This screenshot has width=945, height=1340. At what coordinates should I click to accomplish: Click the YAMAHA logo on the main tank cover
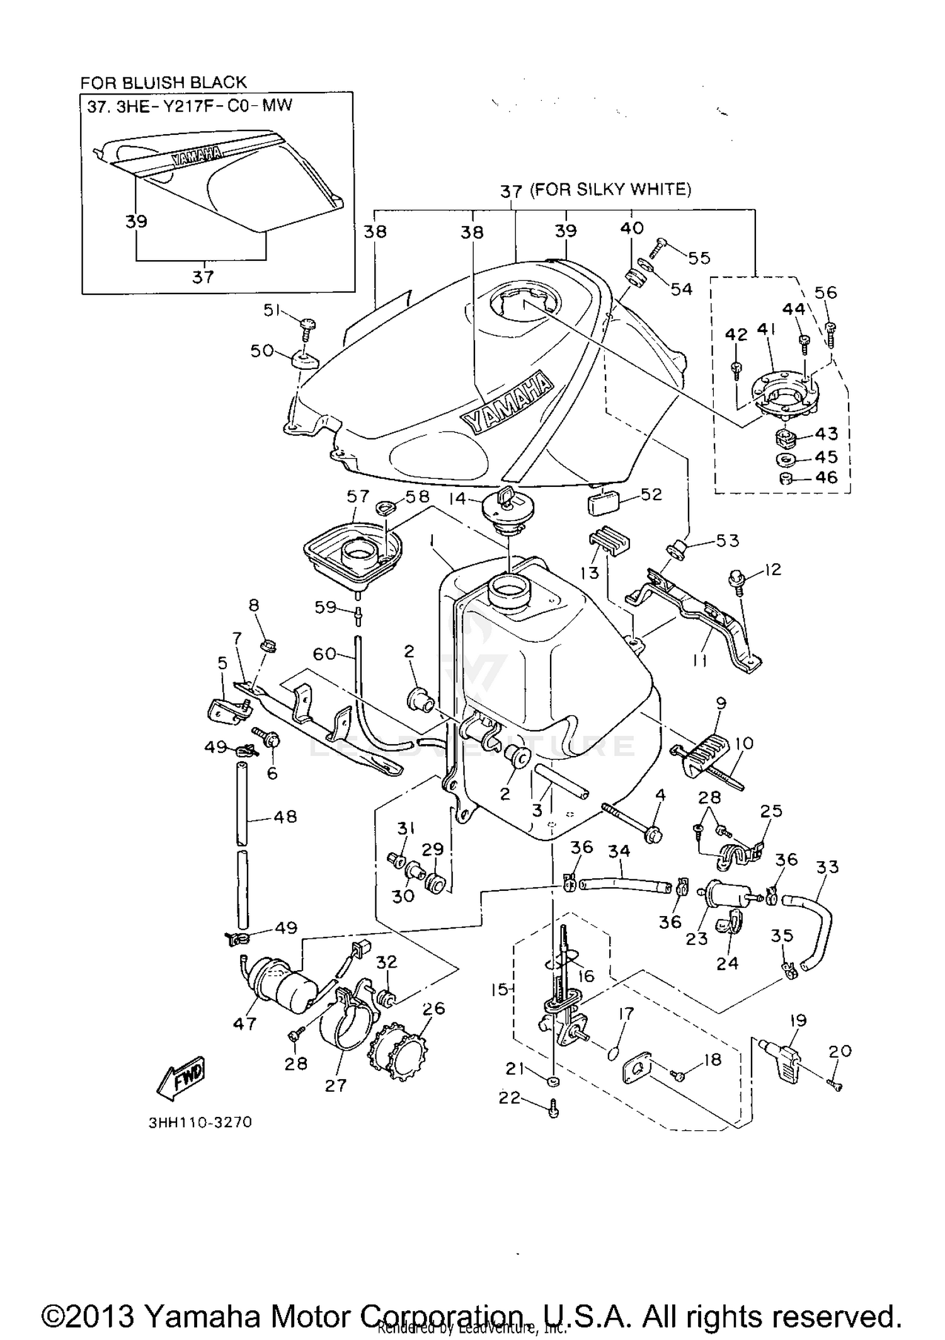click(507, 401)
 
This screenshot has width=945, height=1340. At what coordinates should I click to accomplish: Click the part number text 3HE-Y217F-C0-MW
click(205, 106)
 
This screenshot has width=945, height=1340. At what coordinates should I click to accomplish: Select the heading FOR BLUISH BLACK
click(163, 83)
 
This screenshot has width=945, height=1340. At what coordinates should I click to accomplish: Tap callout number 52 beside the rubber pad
click(651, 495)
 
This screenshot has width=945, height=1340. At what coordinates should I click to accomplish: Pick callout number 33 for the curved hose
click(827, 867)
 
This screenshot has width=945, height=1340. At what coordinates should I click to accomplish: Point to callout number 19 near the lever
click(798, 1020)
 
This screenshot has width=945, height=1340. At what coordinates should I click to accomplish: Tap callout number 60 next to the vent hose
click(324, 655)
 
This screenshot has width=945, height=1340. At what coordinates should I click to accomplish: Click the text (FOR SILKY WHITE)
click(610, 189)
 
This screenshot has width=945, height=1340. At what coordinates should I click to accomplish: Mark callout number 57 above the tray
click(357, 496)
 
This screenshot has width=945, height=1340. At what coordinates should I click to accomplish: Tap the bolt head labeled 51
click(307, 325)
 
